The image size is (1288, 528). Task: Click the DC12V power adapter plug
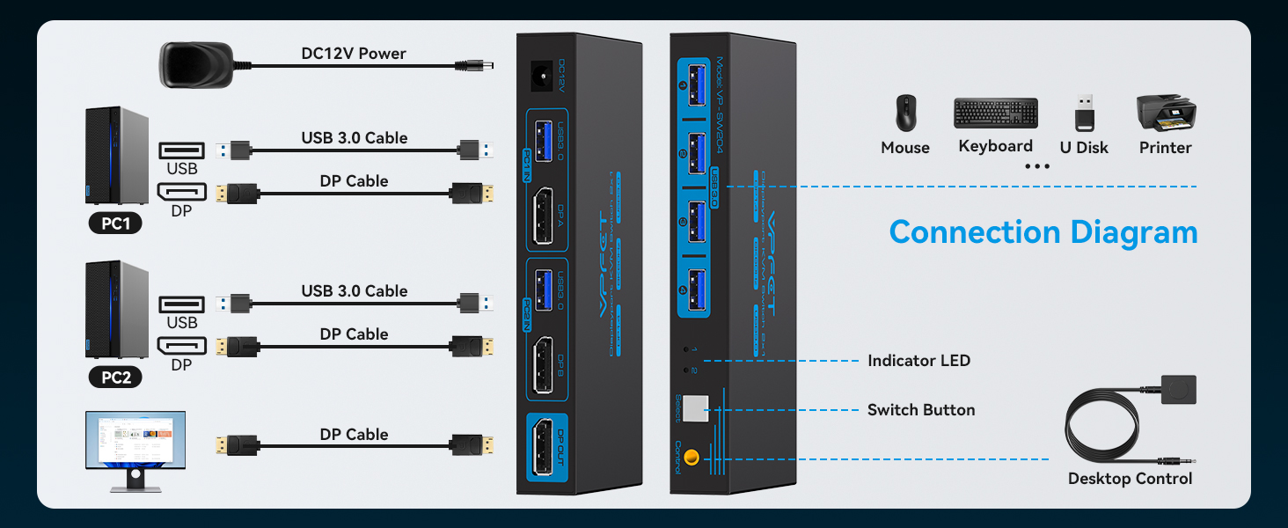point(195,64)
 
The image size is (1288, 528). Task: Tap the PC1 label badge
point(115,224)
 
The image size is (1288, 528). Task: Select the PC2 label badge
point(115,378)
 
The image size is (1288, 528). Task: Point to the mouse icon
point(905,114)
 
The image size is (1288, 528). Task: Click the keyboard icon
point(995,114)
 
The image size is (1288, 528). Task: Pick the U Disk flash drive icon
point(1085,114)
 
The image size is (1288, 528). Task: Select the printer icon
point(1166,113)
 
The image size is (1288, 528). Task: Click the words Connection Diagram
point(1043,232)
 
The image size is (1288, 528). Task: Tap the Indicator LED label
point(918,361)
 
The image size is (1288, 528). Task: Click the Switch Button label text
point(921,410)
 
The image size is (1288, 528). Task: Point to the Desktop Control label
point(1130,479)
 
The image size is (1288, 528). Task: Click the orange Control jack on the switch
point(692,457)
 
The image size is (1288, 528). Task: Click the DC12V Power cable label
point(354,54)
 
